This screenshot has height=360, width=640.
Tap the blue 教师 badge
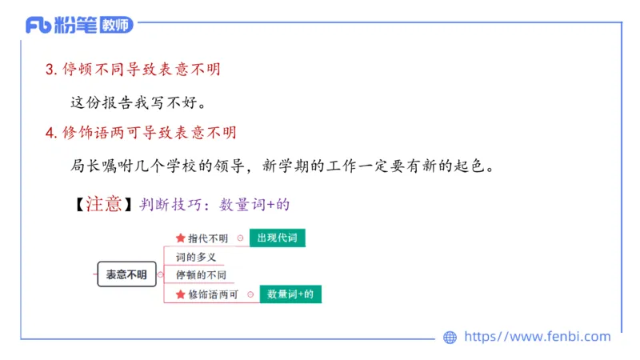(117, 26)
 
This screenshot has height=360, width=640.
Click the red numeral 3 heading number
(50, 70)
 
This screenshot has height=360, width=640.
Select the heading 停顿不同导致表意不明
(141, 70)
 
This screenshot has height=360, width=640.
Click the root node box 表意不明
(126, 274)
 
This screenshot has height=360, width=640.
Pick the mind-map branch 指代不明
(208, 238)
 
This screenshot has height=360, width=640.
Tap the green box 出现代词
(276, 238)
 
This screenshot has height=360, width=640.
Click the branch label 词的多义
(196, 258)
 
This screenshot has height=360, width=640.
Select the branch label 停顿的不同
(201, 275)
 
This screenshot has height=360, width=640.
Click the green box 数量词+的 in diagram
(290, 294)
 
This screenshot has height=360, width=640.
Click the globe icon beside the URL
(450, 338)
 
